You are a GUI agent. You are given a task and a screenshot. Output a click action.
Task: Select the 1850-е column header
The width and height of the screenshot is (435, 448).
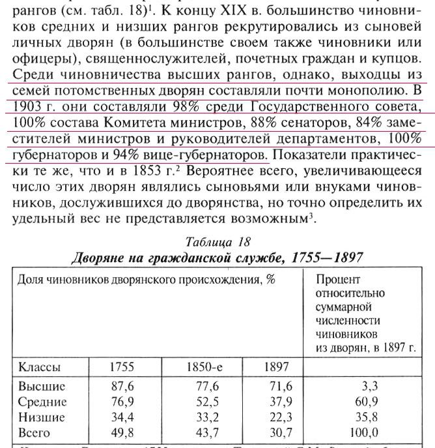coord(204,366)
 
